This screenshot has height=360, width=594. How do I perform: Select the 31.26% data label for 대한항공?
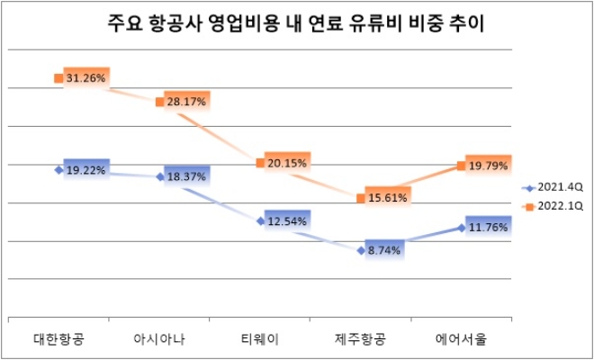[x=86, y=78]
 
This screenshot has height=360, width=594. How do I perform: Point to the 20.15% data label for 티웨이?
[x=288, y=163]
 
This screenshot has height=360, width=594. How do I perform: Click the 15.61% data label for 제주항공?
[x=389, y=197]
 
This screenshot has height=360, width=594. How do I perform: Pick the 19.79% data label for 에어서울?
[x=490, y=165]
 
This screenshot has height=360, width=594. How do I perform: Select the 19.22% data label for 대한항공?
[x=86, y=169]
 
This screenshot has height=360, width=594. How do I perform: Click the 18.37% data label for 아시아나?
[x=187, y=177]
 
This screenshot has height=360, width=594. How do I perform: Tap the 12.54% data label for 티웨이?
[x=288, y=220]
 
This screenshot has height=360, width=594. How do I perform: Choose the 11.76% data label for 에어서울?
[x=490, y=228]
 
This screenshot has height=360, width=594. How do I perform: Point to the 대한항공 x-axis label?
[x=58, y=339]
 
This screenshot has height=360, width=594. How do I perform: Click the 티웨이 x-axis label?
[x=260, y=339]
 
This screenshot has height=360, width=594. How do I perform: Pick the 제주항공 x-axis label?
[x=361, y=339]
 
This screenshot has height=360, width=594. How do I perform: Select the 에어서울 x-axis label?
[x=462, y=339]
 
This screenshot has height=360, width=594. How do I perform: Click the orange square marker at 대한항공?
[x=58, y=78]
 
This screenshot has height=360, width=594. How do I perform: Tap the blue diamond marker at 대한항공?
[x=58, y=169]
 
